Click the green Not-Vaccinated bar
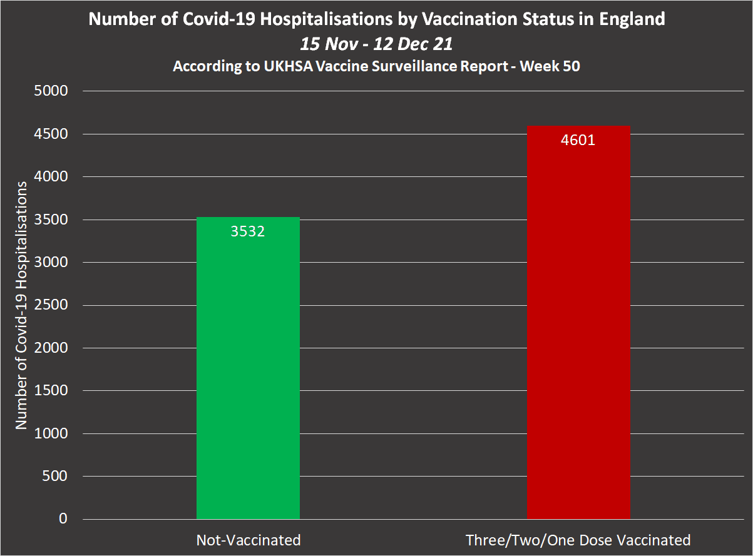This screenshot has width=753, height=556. point(248,375)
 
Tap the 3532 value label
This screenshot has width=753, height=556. point(248,231)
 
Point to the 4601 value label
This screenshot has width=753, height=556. point(578,140)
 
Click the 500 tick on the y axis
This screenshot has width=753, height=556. point(56,477)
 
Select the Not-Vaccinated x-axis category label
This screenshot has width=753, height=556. point(248,540)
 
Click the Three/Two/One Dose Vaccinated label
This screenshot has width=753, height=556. point(578,540)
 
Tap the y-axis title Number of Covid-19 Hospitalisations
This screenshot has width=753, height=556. point(22,305)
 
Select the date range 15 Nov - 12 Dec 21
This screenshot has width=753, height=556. point(376,44)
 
